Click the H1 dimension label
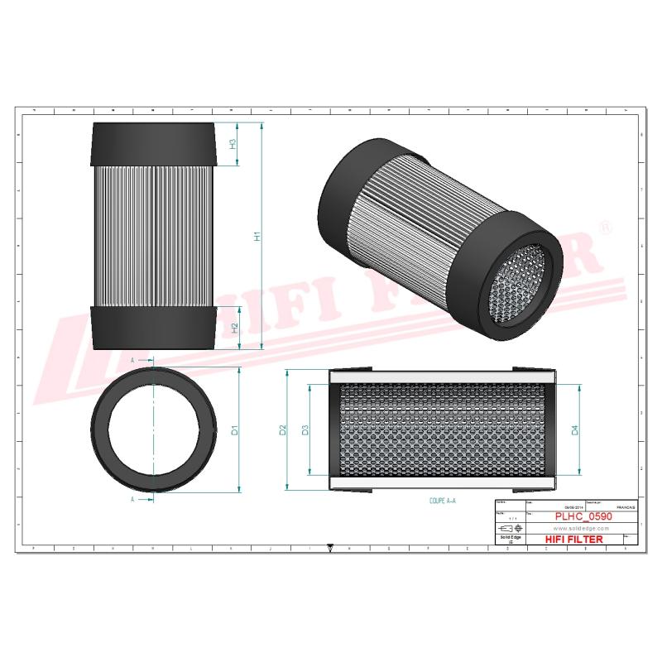pyautogui.click(x=257, y=236)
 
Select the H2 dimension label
pyautogui.click(x=235, y=328)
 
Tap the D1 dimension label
pyautogui.click(x=235, y=430)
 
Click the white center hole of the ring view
pyautogui.click(x=155, y=430)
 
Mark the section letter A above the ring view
pyautogui.click(x=133, y=361)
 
